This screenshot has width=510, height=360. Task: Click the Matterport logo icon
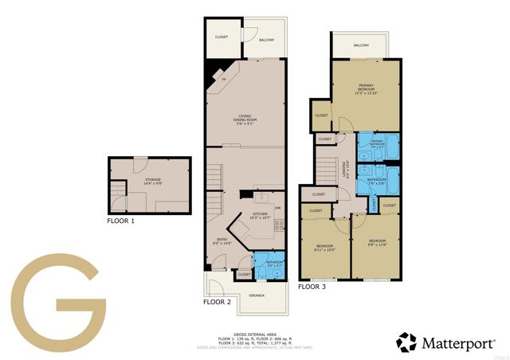click(x=407, y=342)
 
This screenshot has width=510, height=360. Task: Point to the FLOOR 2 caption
click(x=218, y=303)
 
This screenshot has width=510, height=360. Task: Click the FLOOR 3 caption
click(x=312, y=286)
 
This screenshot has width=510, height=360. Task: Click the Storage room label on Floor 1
click(x=152, y=181)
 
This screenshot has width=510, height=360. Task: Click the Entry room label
click(x=222, y=241)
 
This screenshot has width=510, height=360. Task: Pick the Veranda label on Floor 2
click(x=257, y=295)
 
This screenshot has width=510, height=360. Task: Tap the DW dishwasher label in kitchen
click(x=277, y=209)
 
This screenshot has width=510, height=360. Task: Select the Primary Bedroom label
click(x=366, y=88)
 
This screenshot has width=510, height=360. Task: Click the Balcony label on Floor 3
click(x=361, y=45)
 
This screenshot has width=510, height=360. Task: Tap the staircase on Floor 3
click(x=326, y=169)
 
